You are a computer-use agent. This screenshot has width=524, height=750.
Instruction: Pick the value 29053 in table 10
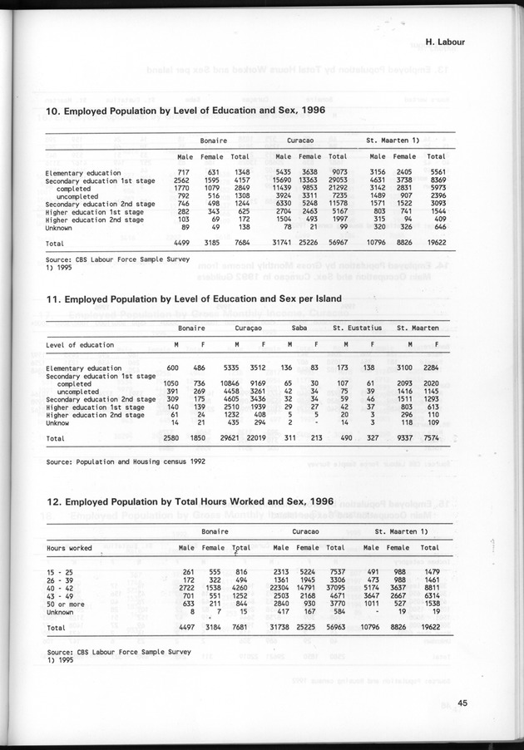tap(338, 180)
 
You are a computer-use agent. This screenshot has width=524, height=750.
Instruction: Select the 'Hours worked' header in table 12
tap(69, 548)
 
